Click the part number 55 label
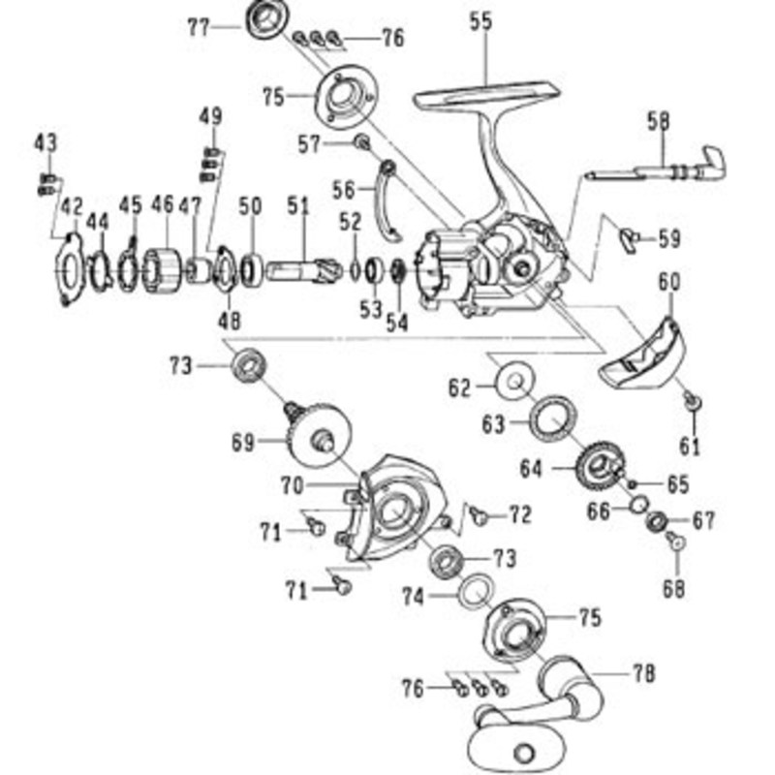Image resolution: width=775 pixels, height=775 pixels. pyautogui.click(x=481, y=22)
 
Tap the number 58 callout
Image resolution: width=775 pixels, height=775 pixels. pyautogui.click(x=660, y=122)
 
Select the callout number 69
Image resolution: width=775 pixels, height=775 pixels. pyautogui.click(x=244, y=443)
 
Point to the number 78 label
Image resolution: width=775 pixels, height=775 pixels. pyautogui.click(x=644, y=673)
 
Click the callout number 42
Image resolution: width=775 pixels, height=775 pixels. pyautogui.click(x=72, y=206)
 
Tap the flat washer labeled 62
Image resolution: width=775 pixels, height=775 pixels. pyautogui.click(x=515, y=381)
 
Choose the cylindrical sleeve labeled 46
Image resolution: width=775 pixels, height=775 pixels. pyautogui.click(x=161, y=271)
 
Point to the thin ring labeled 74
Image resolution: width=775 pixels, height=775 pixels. pyautogui.click(x=476, y=593)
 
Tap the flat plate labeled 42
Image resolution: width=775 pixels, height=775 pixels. pyautogui.click(x=69, y=270)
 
